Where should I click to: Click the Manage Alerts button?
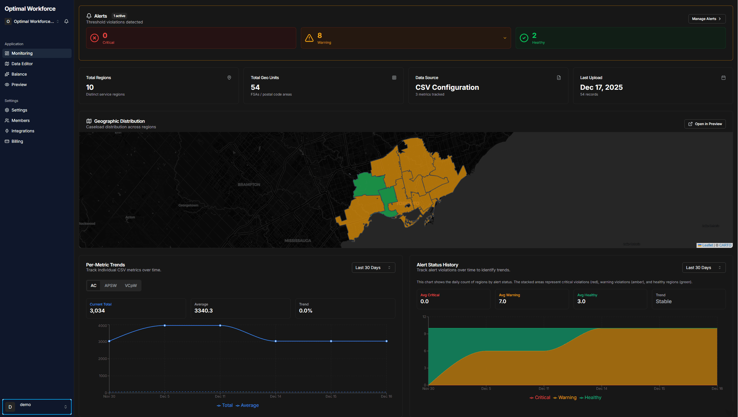(x=707, y=19)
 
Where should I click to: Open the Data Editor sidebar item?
(x=22, y=64)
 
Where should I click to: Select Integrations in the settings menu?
(x=23, y=131)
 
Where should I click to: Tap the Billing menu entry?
(x=17, y=141)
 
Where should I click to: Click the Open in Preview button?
(x=705, y=124)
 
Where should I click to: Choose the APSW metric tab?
(x=110, y=286)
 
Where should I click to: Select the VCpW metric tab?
(x=131, y=286)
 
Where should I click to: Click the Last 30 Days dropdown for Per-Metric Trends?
(x=373, y=268)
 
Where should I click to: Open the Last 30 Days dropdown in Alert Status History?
(x=704, y=268)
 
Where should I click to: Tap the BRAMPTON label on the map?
(x=249, y=184)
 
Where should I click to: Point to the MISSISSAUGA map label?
(x=297, y=241)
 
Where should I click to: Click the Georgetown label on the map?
(x=188, y=205)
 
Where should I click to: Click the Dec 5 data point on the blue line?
(x=165, y=325)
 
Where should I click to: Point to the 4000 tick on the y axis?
(x=103, y=326)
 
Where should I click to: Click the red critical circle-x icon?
(x=94, y=38)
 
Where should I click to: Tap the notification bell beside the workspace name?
(x=66, y=21)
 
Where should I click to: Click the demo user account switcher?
(x=37, y=407)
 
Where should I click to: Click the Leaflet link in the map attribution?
(x=707, y=245)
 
